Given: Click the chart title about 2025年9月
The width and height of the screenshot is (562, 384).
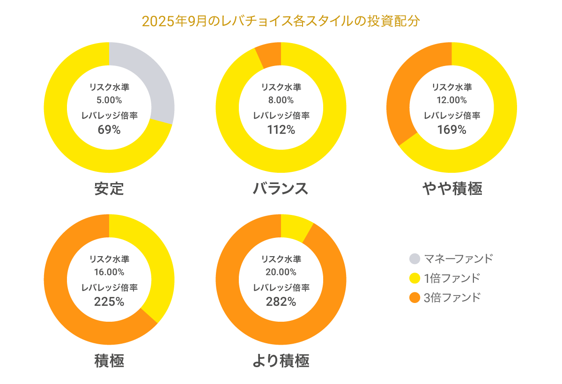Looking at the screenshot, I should [281, 22].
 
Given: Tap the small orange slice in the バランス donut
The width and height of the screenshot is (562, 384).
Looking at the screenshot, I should [269, 55].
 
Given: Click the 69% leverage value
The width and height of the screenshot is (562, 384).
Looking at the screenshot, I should [109, 130].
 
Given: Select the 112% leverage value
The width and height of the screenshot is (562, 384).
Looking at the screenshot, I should [281, 130].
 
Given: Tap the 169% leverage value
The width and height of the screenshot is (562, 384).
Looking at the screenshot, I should [452, 130].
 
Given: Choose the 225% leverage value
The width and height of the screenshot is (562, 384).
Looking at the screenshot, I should [109, 302].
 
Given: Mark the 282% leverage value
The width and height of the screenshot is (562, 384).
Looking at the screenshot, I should [281, 302].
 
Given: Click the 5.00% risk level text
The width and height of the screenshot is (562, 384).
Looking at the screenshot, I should [109, 100].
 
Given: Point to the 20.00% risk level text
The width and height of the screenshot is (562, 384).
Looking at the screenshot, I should [281, 272].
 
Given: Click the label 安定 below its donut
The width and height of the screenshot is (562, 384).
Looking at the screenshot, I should [109, 188].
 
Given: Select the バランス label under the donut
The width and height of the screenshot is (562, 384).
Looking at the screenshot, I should [281, 188].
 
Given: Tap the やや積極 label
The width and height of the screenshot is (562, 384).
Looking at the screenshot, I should [452, 188].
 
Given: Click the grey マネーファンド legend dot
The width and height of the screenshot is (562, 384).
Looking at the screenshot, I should [414, 258].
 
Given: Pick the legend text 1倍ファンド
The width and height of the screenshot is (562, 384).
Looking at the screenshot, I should [452, 278].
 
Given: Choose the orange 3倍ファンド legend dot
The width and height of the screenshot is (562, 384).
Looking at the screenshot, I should [414, 297].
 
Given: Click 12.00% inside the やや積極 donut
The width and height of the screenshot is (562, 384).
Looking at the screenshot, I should [452, 100].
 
